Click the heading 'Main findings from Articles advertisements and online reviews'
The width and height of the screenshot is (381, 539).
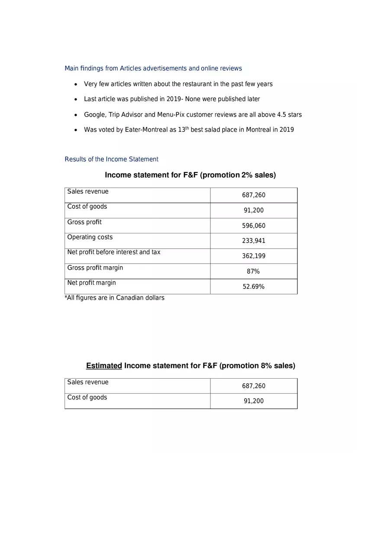[x=153, y=68]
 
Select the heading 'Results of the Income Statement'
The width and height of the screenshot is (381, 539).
[x=111, y=159]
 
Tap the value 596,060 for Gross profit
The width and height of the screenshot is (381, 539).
[x=254, y=226]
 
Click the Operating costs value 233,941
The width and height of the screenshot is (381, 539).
[x=254, y=241]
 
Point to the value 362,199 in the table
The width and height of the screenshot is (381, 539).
[x=254, y=256]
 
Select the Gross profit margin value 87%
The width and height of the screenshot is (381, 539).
[x=253, y=271]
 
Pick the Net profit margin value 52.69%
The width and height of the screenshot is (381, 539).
[x=254, y=287]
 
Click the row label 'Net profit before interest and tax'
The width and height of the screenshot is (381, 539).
[x=114, y=252]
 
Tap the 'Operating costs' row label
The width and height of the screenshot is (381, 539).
[x=90, y=237]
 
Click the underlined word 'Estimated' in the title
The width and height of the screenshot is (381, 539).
[x=104, y=366]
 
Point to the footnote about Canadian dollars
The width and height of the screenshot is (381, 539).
[x=114, y=298]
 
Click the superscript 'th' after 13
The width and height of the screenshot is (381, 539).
[x=187, y=128]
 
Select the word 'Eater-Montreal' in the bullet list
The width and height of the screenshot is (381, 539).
[x=146, y=130]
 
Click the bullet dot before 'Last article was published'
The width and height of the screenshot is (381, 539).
[x=76, y=99]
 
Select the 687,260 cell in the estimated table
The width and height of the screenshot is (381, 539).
[x=254, y=386]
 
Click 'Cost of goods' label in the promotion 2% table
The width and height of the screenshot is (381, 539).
[x=87, y=207]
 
